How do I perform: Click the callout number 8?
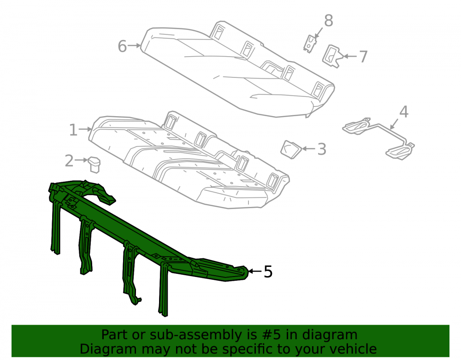(328, 21)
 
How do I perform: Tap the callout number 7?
(363, 56)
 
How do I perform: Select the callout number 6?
(122, 46)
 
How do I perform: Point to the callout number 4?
(404, 112)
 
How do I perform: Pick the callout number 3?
(322, 149)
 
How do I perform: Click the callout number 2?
(69, 161)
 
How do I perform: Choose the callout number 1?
(73, 130)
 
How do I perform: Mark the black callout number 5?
(268, 271)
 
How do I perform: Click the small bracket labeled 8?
(310, 44)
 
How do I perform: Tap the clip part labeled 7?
(331, 56)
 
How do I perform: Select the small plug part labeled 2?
(94, 165)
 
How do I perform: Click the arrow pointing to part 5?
(254, 271)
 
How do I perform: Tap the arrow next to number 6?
(135, 46)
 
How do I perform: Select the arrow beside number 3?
(308, 149)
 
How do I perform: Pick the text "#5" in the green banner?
(271, 335)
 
